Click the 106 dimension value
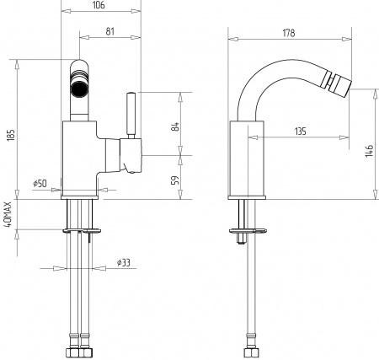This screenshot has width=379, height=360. pyautogui.click(x=99, y=5)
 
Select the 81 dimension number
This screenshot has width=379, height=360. pyautogui.click(x=110, y=31)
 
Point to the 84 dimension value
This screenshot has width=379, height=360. pyautogui.click(x=174, y=126)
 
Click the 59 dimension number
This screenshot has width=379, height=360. pyautogui.click(x=174, y=180)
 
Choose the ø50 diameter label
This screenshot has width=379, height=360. pyautogui.click(x=40, y=184)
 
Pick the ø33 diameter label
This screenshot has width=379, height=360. pyautogui.click(x=124, y=263)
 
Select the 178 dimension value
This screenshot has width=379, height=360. pyautogui.click(x=289, y=33)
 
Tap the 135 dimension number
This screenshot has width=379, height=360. pyautogui.click(x=301, y=132)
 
